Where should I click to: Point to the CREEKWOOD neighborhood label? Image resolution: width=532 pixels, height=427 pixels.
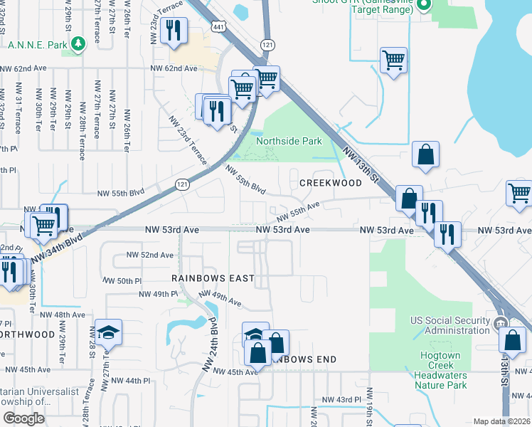330,183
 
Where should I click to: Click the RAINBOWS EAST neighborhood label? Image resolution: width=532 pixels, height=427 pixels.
213,278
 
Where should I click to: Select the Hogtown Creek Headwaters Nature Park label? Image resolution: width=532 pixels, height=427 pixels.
440,370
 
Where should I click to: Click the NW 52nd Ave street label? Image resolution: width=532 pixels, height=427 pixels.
149,255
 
